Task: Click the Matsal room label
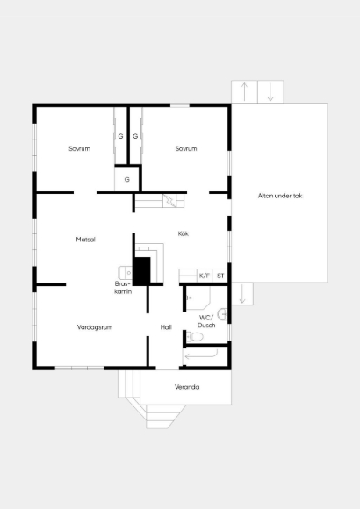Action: tap(86, 240)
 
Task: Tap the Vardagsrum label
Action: tap(95, 327)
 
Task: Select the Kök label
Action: tap(184, 233)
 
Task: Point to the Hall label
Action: tap(166, 327)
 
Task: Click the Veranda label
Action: tap(187, 387)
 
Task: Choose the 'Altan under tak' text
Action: tap(280, 196)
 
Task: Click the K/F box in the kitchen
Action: tap(205, 276)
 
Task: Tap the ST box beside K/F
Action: tap(220, 276)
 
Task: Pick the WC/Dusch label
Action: tap(206, 321)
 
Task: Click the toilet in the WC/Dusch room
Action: tap(195, 337)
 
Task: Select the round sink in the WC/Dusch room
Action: tap(222, 314)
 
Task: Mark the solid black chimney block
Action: tap(142, 271)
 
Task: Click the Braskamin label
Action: tap(123, 288)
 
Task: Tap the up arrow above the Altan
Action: tap(244, 92)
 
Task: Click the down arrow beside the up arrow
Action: tap(270, 92)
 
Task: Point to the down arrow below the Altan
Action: tap(242, 294)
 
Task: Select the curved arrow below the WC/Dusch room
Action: tap(201, 355)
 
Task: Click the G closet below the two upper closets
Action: tap(127, 179)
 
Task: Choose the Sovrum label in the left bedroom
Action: tap(79, 148)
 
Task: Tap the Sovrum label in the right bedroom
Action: tap(186, 148)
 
